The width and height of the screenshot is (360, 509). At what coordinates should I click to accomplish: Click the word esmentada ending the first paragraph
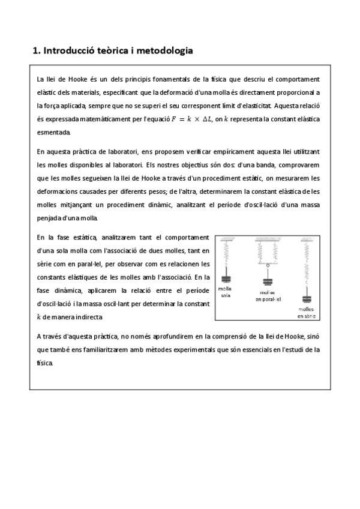[53, 132]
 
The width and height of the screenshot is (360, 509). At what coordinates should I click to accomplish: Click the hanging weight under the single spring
[227, 278]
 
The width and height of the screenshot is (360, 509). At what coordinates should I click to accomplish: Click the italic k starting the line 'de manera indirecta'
[39, 317]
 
